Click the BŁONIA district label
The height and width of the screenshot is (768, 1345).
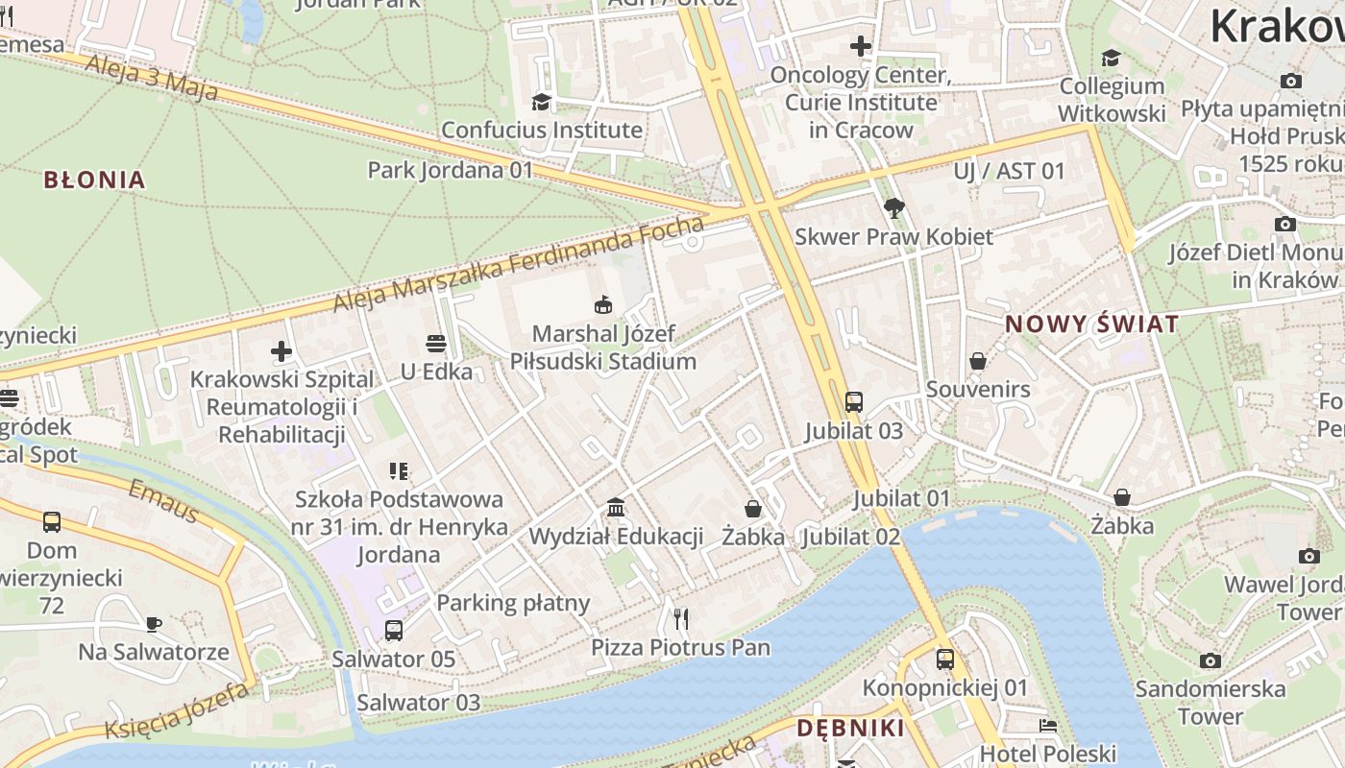pyautogui.click(x=94, y=180)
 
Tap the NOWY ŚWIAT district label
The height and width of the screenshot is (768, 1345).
pyautogui.click(x=1091, y=324)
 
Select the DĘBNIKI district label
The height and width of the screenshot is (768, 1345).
pyautogui.click(x=850, y=728)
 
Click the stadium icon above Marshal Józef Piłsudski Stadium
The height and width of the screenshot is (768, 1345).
pyautogui.click(x=603, y=305)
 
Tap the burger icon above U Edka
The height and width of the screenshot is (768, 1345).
pyautogui.click(x=436, y=344)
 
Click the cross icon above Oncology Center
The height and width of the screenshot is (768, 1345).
pyautogui.click(x=861, y=45)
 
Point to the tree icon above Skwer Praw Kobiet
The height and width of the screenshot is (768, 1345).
pyautogui.click(x=894, y=207)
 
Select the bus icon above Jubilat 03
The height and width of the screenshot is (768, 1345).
pyautogui.click(x=853, y=402)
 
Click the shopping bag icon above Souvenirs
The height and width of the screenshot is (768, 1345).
pyautogui.click(x=978, y=361)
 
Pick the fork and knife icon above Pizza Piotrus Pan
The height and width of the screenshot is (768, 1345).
pyautogui.click(x=681, y=618)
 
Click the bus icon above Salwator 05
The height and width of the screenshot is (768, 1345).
pyautogui.click(x=393, y=631)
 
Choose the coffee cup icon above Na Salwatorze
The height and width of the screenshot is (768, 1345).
pyautogui.click(x=154, y=624)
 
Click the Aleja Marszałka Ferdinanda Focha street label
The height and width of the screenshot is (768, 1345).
pyautogui.click(x=519, y=264)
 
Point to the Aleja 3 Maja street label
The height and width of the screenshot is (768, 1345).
pyautogui.click(x=152, y=78)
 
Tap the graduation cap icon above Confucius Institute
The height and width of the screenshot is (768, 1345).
pyautogui.click(x=542, y=102)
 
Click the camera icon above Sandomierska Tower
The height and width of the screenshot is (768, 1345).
pyautogui.click(x=1210, y=660)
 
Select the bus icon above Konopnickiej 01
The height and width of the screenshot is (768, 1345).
pyautogui.click(x=945, y=660)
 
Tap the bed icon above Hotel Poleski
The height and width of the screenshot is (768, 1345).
pyautogui.click(x=1048, y=726)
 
